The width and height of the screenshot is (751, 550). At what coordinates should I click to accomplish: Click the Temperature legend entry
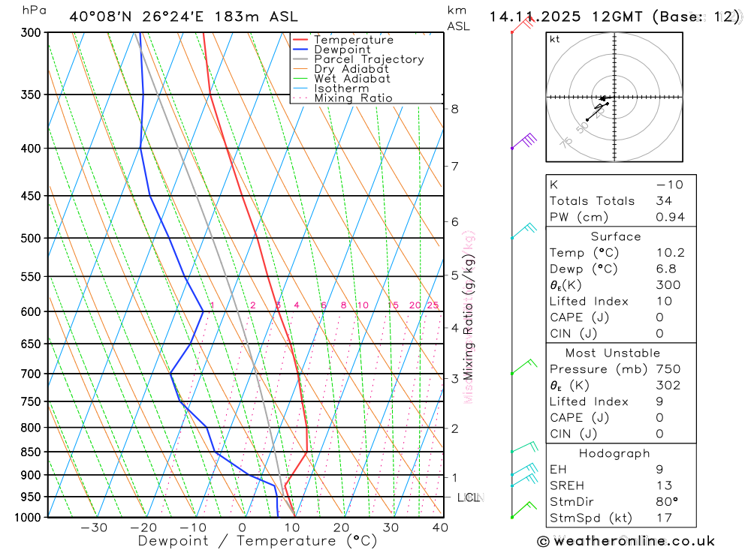coord(354,40)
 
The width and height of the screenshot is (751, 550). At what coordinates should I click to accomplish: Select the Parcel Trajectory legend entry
coord(369,59)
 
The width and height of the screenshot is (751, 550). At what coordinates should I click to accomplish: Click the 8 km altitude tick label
coord(454,109)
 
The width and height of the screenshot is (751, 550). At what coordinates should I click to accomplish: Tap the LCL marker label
coord(469,497)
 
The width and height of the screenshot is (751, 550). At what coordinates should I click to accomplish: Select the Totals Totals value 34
coord(663,201)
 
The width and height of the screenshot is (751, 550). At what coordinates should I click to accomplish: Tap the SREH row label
coord(568,485)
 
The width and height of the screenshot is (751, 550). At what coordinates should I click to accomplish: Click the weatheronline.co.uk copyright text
coord(626,541)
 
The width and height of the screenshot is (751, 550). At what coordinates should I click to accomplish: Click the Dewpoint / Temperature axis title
coord(258,541)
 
